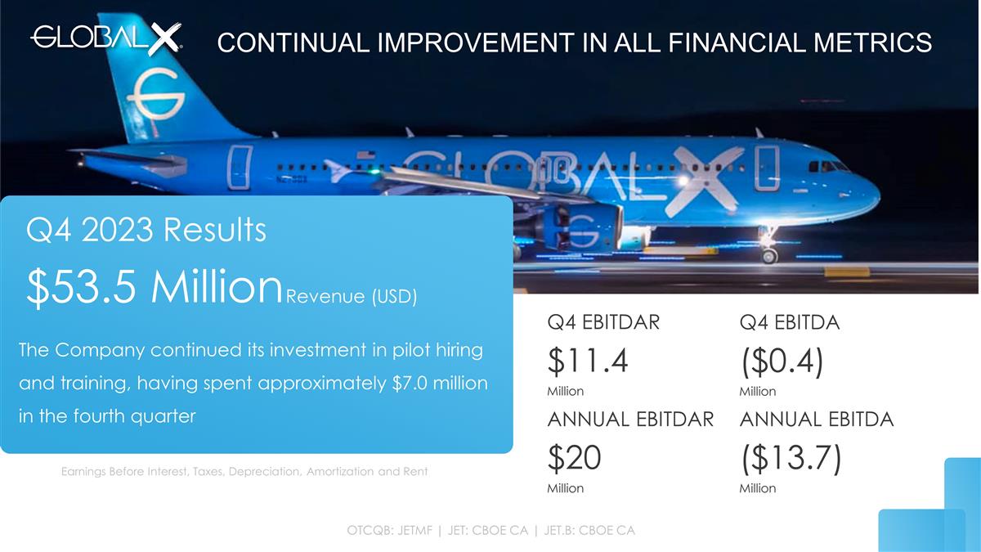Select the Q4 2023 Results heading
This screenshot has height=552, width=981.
146,230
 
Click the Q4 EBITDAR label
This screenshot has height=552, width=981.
603,323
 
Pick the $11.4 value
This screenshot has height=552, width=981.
587,361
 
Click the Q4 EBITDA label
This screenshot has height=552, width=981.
789,323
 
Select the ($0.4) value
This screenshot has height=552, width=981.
780,361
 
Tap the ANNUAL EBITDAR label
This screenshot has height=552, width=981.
630,420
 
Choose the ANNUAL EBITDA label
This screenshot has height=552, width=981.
816,420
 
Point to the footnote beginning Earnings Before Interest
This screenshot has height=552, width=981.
244,472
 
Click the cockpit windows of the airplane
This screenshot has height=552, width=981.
827,166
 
